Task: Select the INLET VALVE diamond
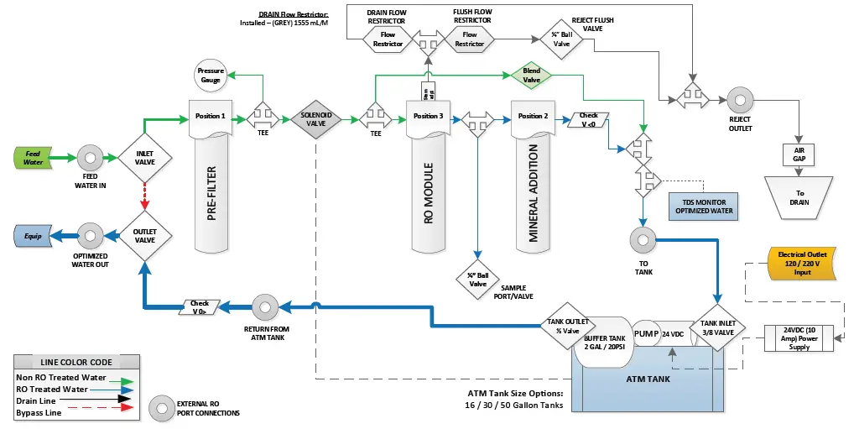coord(145,157)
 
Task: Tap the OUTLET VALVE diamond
coord(145,234)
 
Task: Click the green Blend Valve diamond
coord(531,76)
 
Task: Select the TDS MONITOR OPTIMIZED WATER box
coord(705,206)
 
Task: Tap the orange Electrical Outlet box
coord(799,263)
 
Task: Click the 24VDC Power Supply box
coord(799,337)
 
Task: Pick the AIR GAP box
coord(799,154)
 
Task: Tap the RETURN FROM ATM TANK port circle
coord(267,304)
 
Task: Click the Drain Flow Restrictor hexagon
coord(388,39)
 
